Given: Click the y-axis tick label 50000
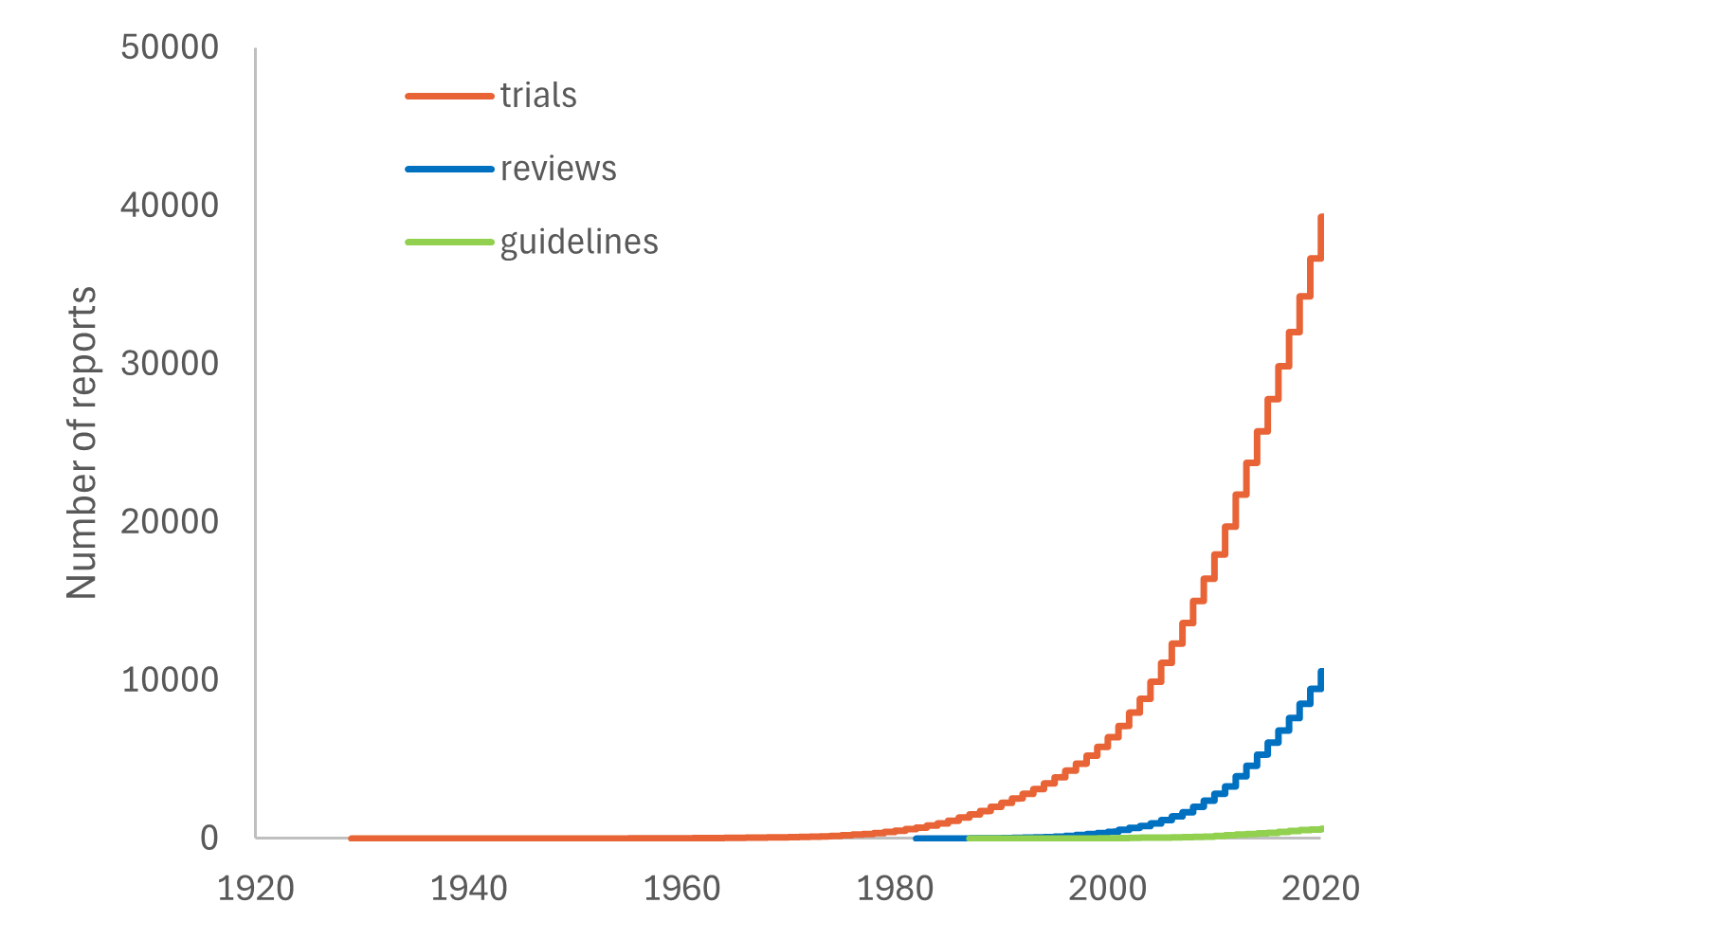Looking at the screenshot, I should click(x=170, y=47).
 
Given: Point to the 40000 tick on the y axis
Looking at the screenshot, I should click(x=170, y=206).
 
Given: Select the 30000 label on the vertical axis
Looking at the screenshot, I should click(x=170, y=364).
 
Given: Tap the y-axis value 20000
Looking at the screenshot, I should click(x=170, y=522).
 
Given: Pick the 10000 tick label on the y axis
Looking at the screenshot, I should click(x=170, y=680).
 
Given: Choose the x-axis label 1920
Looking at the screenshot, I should click(x=256, y=889).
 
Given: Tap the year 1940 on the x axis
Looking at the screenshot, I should click(x=469, y=889).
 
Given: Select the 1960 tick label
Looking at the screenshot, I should click(x=682, y=889).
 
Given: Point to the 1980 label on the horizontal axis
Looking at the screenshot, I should click(x=895, y=889).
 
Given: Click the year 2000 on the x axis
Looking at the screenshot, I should click(x=1108, y=889).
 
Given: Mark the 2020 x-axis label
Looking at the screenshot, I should click(x=1320, y=889).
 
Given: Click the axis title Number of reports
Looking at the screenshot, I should click(x=82, y=442).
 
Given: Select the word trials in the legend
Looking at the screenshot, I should click(x=538, y=96).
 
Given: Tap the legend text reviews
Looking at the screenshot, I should click(x=558, y=169).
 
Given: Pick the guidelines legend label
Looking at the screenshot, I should click(x=579, y=242).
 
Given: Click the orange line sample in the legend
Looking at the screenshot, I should click(x=449, y=96).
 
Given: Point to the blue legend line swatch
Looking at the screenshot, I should click(x=449, y=169).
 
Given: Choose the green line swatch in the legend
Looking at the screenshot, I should click(x=449, y=242).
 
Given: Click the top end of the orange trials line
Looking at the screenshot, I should click(x=1321, y=217).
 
